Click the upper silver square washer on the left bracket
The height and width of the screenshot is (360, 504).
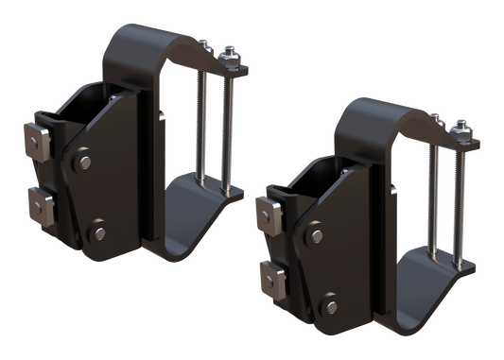point(41,143)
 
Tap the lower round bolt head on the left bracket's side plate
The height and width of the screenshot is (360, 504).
point(96,229)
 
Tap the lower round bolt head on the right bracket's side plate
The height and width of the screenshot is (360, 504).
point(329,302)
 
